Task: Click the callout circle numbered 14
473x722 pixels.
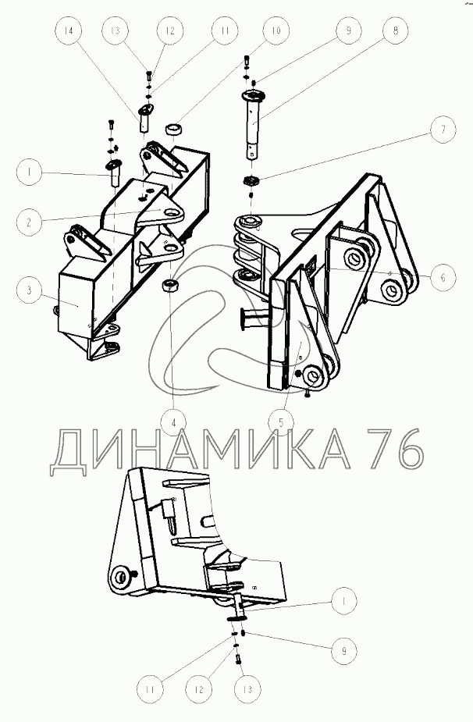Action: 69,30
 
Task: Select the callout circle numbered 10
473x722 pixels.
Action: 276,30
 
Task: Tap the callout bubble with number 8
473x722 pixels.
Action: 396,30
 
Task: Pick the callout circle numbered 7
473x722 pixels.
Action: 443,129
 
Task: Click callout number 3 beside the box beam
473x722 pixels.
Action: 29,290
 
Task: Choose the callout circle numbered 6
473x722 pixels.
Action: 443,277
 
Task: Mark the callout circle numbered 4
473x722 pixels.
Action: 173,421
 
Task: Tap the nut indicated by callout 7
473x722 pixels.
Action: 251,181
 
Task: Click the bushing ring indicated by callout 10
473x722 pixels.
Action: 173,130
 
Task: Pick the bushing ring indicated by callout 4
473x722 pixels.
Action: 170,285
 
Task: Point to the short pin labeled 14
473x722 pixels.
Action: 144,118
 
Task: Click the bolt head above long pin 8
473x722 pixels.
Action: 247,59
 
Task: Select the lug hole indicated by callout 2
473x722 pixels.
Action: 172,213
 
